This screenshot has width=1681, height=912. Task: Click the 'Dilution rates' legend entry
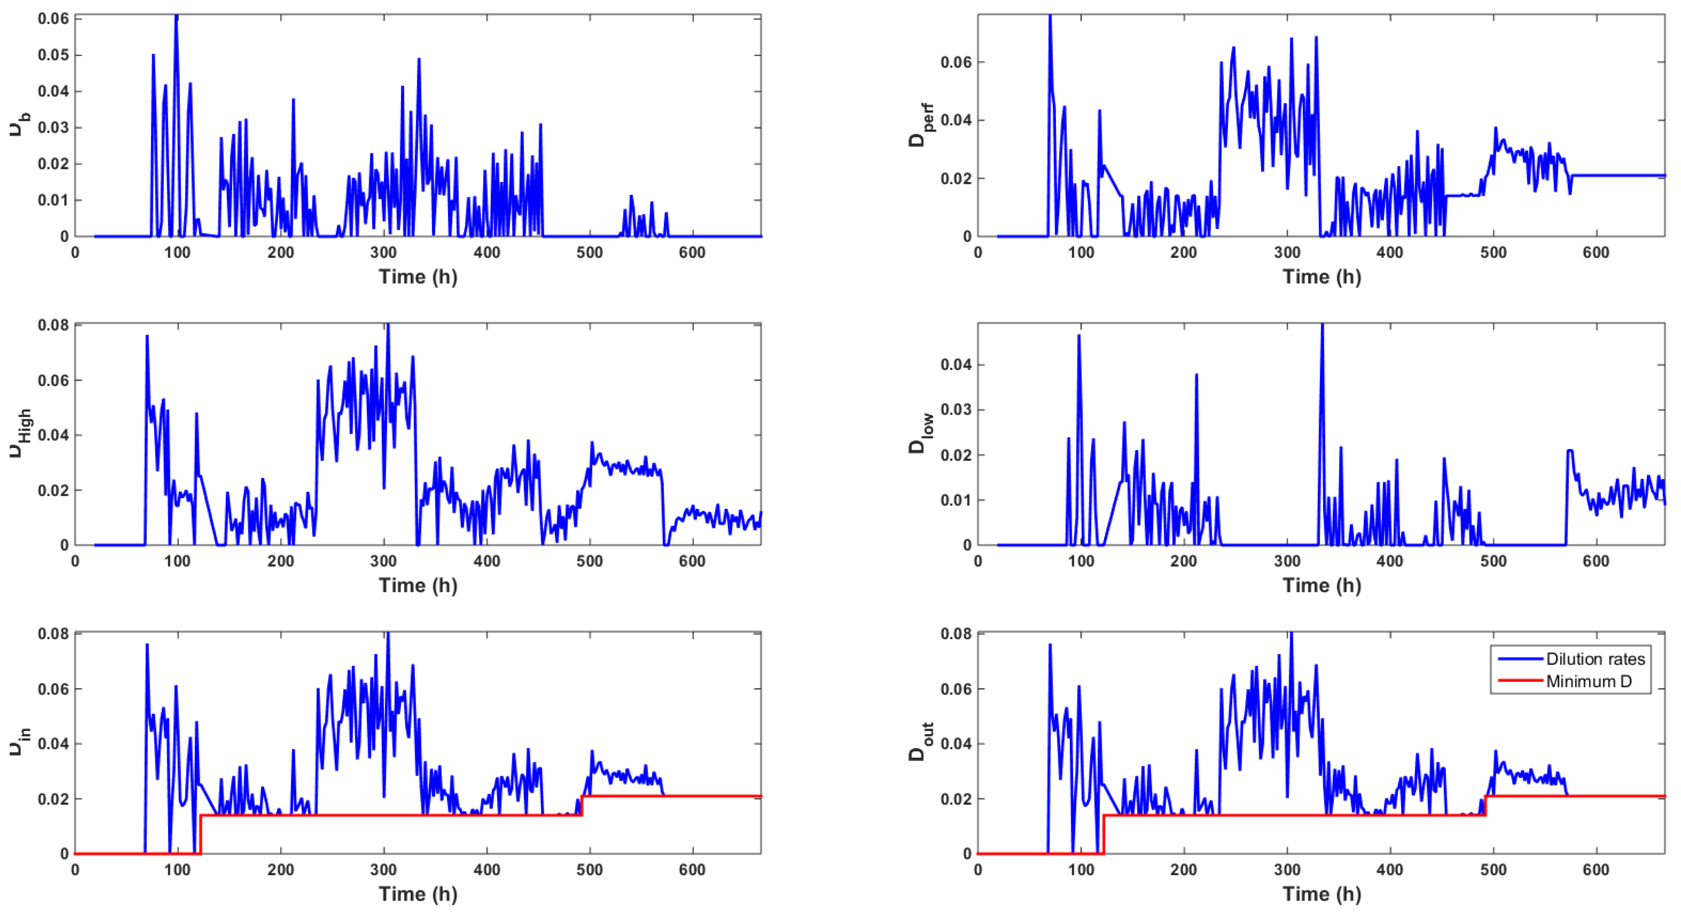(x=1595, y=659)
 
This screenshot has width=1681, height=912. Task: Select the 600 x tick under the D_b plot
(x=692, y=253)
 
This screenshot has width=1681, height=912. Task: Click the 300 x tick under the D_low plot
(x=1287, y=561)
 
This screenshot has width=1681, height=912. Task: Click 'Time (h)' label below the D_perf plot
(x=1322, y=277)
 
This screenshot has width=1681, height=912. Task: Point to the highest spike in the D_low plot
(x=1322, y=326)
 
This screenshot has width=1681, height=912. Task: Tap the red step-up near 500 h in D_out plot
(x=1486, y=806)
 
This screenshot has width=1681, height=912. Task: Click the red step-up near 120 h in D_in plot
(x=200, y=834)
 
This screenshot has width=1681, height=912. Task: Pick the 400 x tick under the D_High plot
(x=486, y=561)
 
